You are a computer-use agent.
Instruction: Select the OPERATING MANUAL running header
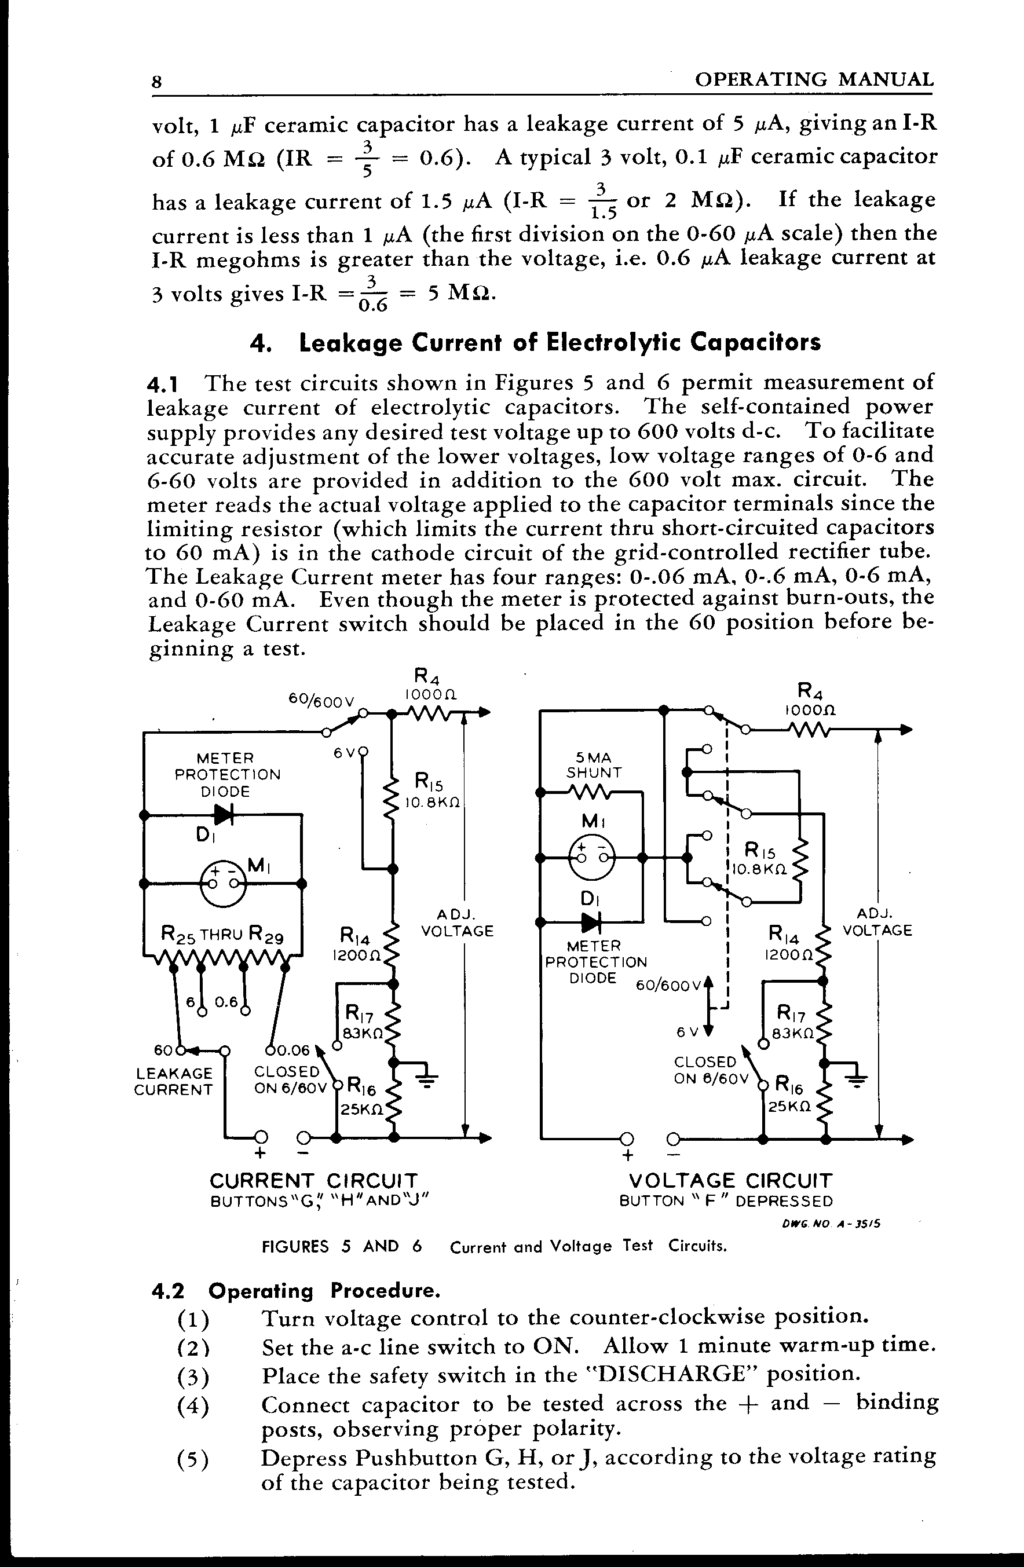(814, 80)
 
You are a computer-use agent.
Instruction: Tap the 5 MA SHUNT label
(594, 765)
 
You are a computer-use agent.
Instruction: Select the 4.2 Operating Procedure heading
(295, 1291)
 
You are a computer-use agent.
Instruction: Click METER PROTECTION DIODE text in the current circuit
(227, 775)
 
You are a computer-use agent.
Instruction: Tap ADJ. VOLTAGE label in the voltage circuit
(877, 922)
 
